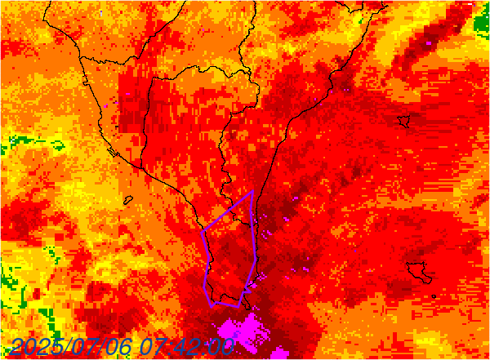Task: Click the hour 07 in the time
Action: (x=153, y=347)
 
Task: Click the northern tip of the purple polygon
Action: (x=253, y=191)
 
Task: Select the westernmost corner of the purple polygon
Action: (x=202, y=231)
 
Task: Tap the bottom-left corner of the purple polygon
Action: (x=213, y=305)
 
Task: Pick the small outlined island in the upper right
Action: (x=403, y=122)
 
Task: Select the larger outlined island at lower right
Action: (x=421, y=270)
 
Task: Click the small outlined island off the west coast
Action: (x=128, y=199)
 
